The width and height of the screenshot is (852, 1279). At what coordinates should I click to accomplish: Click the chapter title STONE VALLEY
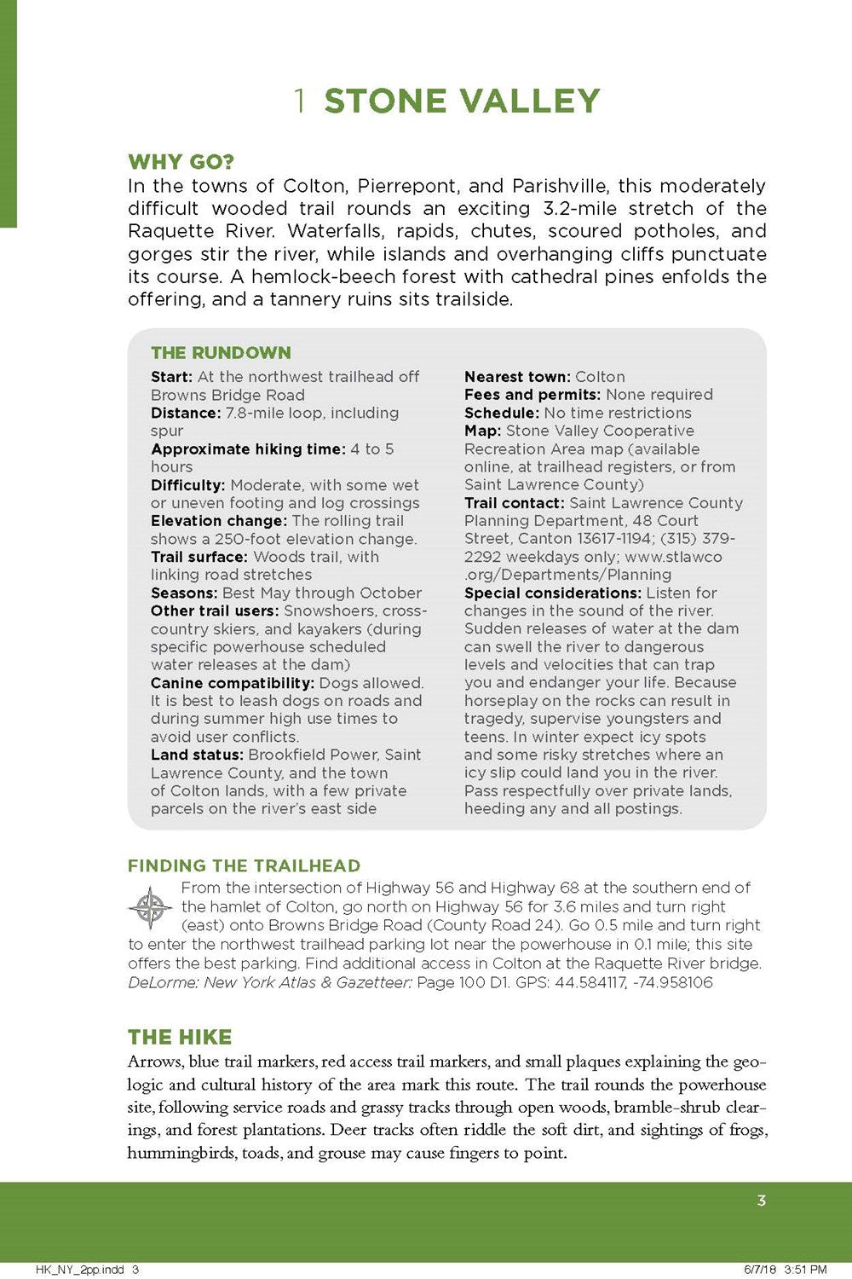click(462, 101)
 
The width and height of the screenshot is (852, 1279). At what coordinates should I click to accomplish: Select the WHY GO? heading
click(181, 162)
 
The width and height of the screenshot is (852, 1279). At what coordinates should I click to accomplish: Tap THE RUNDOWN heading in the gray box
click(221, 353)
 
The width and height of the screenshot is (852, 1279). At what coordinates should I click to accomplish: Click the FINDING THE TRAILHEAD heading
click(244, 866)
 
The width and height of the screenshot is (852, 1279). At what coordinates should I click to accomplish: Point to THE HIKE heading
click(180, 1037)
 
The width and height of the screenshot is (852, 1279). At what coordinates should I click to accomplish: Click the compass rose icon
click(151, 907)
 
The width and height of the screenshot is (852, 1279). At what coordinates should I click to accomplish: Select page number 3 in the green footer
click(761, 1201)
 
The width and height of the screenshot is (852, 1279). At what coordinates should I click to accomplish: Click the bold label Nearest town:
click(517, 377)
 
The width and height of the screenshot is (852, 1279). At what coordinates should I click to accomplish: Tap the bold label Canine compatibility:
click(233, 683)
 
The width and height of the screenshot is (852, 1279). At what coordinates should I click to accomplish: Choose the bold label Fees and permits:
click(532, 395)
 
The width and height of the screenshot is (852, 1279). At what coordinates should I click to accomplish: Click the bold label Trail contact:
click(515, 503)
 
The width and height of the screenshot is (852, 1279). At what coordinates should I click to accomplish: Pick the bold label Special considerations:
click(552, 593)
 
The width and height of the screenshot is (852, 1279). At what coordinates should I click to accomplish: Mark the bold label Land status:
click(198, 755)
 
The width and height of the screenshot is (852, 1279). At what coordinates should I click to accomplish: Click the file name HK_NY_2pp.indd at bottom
click(81, 1270)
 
